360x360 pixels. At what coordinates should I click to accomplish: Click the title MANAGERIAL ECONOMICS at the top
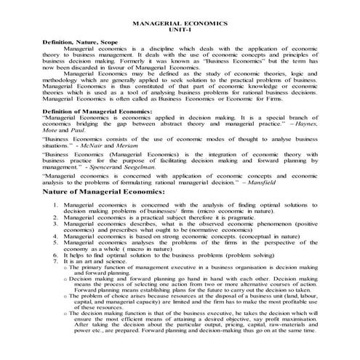click(180, 24)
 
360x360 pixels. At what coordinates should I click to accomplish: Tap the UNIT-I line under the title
click(180, 31)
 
